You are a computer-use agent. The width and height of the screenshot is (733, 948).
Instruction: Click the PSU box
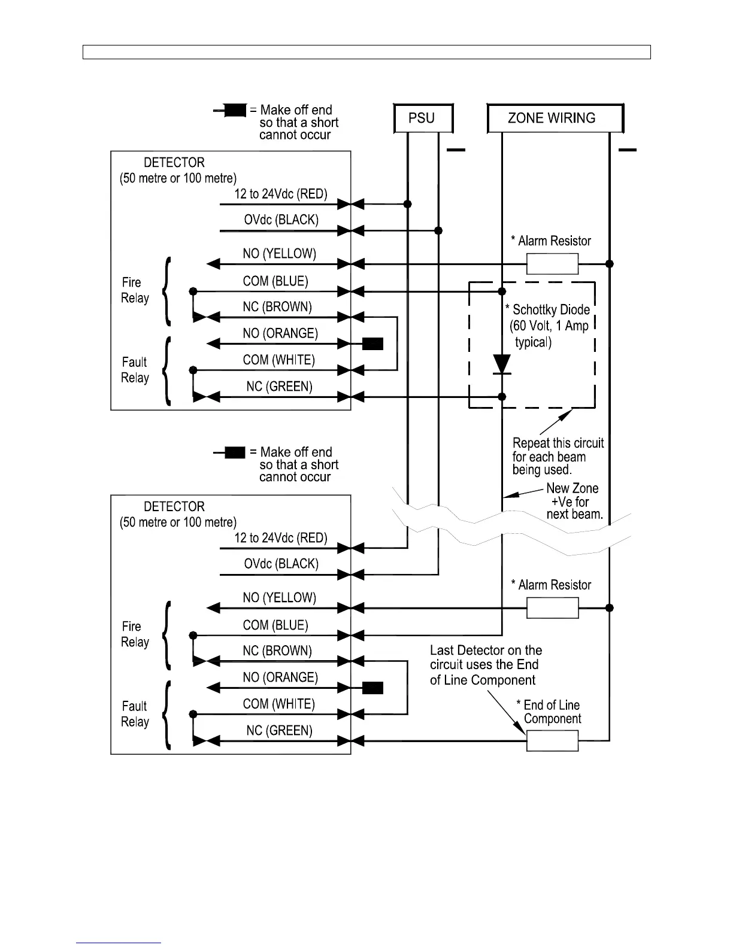(422, 118)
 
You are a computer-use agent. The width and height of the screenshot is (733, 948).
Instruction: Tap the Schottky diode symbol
(501, 364)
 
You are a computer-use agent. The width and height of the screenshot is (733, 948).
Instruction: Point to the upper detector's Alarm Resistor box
(552, 263)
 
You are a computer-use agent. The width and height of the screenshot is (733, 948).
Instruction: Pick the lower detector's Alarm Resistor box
(552, 608)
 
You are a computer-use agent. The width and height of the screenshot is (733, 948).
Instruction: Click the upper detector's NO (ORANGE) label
(280, 333)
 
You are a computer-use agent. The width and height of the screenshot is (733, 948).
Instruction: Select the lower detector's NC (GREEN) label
(279, 731)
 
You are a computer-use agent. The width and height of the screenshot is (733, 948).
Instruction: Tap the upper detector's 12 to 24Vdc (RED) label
(280, 194)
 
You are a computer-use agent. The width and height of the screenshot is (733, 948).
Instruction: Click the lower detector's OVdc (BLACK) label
(281, 564)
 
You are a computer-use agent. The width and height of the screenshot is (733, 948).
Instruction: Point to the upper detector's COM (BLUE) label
(275, 281)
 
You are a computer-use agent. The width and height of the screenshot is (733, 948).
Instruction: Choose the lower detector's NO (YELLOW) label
(279, 598)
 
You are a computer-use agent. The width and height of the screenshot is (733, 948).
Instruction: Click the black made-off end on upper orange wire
(372, 344)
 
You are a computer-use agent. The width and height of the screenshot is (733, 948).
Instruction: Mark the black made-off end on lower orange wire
(372, 688)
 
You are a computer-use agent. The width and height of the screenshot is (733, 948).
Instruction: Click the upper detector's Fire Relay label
(135, 290)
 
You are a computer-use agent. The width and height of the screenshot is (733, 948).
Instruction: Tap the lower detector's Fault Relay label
(135, 714)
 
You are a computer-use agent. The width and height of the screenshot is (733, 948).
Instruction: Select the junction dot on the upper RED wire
(407, 204)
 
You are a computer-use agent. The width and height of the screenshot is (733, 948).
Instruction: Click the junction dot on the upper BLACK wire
(438, 230)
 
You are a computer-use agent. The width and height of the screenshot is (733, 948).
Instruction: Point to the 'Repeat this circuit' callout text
(558, 457)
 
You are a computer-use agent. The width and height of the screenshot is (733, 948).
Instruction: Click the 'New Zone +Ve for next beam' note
(574, 502)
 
